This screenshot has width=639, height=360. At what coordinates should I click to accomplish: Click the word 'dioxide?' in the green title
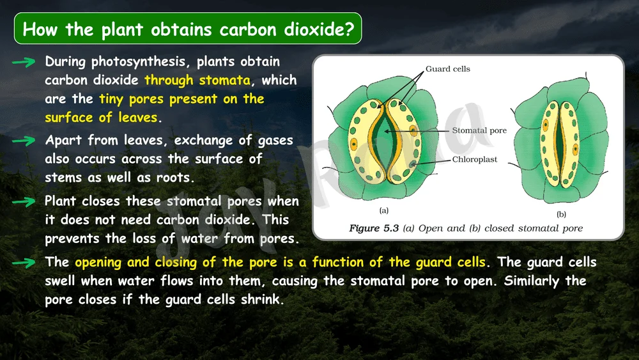tap(319, 29)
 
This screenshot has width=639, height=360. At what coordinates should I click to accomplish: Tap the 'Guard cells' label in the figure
tap(448, 69)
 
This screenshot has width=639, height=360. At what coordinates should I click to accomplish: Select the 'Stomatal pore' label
tap(479, 130)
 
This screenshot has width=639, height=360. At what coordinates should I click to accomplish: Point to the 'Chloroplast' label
tap(475, 159)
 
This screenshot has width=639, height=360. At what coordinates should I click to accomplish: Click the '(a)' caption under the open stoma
tap(384, 210)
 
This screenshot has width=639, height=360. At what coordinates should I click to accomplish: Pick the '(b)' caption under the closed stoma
tap(561, 214)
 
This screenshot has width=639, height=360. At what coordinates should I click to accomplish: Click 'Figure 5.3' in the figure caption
tap(374, 228)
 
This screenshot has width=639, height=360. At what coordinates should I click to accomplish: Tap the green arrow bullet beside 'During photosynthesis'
tap(24, 62)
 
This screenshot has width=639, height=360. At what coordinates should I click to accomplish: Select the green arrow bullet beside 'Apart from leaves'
tap(24, 141)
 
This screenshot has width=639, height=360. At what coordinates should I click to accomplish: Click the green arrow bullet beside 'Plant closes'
tap(24, 202)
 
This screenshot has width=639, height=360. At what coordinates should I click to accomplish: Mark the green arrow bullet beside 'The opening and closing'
tap(24, 263)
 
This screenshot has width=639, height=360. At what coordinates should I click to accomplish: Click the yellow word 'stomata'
tap(224, 80)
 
